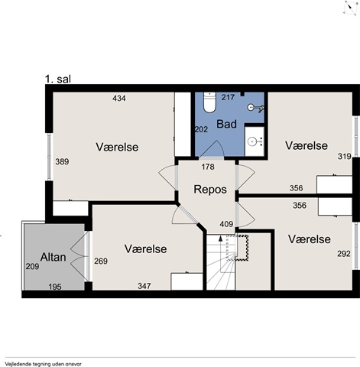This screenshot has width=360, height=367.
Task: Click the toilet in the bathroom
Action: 209,102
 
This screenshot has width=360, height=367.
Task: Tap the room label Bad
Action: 226,124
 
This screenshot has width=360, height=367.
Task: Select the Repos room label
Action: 210,190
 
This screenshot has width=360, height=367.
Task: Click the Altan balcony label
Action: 53,257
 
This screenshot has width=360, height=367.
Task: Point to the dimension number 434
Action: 119,98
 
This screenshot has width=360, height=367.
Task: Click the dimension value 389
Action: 62,161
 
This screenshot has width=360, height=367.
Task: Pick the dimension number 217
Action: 228,97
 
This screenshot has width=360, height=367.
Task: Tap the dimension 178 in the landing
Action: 208,167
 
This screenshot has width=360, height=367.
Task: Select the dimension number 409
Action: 226,224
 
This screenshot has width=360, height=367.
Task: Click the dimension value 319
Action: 345,156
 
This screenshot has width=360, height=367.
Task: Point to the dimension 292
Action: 344,254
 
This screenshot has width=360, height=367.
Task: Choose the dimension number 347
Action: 144,286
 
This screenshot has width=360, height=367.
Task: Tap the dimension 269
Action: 101,261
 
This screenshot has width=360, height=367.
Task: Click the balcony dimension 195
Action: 55,287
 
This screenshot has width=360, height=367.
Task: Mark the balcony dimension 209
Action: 32,267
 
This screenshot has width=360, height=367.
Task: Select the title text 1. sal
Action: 58,79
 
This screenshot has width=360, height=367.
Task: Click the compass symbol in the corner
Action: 350,8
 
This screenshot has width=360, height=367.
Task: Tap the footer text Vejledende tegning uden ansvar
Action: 43,364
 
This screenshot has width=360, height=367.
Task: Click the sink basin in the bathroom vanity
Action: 252,141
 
